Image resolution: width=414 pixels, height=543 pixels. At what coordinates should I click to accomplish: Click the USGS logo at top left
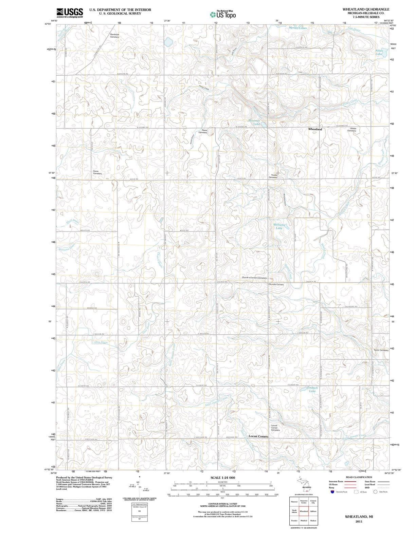[x=70, y=13]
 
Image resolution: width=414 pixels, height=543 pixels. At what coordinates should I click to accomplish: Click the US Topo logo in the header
[x=223, y=15]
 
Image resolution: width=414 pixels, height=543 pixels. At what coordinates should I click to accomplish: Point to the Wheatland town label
[x=315, y=129]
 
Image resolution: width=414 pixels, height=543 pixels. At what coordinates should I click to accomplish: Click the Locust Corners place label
[x=258, y=436]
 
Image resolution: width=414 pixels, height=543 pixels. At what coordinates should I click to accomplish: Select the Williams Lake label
[x=279, y=226]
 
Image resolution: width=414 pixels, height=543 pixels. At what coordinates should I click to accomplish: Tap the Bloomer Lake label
[x=255, y=122]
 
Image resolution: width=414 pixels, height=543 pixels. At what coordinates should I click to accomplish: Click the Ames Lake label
[x=379, y=52]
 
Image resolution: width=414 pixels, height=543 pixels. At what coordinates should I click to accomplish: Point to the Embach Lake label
[x=312, y=389]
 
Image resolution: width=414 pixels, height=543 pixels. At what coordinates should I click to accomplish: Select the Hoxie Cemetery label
[x=97, y=172]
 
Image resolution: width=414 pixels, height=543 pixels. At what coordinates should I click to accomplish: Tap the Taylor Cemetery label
[x=381, y=350]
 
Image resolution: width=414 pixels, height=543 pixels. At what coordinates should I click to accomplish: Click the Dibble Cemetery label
[x=352, y=129]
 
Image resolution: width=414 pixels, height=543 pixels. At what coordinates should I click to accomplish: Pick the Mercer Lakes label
[x=298, y=28]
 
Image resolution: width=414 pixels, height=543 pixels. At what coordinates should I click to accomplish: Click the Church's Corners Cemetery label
[x=254, y=278]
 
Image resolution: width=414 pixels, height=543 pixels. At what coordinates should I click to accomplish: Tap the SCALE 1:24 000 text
[x=223, y=478]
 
